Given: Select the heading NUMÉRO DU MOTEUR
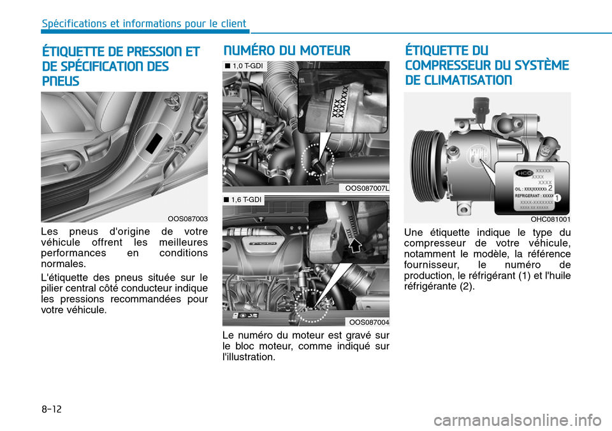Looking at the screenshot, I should point(286,51).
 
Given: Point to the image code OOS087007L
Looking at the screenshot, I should point(367,188).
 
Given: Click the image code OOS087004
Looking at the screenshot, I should point(368,322).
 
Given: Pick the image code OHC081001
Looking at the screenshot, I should point(550,219).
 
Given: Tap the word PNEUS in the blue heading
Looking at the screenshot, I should point(61,82).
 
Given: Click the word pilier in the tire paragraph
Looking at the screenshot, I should point(53,288).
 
